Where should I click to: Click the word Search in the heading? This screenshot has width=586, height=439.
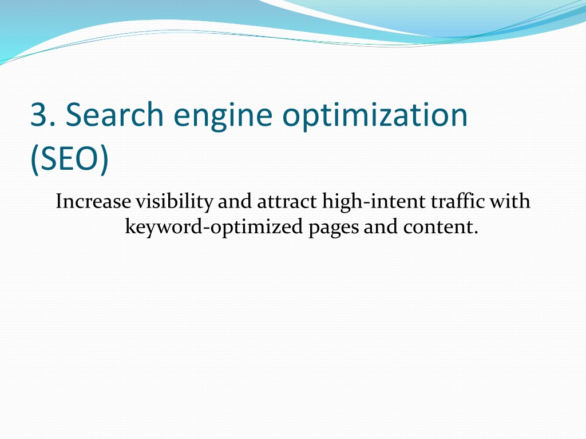[x=114, y=114]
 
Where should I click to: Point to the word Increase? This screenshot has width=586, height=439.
[x=93, y=201]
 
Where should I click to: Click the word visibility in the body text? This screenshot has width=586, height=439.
[x=174, y=202]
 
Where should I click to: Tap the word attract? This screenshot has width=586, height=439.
[x=287, y=202]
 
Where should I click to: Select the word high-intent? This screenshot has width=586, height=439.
[x=374, y=202]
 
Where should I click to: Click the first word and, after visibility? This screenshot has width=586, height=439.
[x=235, y=201]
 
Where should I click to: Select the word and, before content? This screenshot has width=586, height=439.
[x=381, y=226]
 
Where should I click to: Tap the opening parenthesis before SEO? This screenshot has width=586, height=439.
[x=34, y=159]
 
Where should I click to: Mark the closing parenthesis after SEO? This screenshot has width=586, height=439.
[x=105, y=159]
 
